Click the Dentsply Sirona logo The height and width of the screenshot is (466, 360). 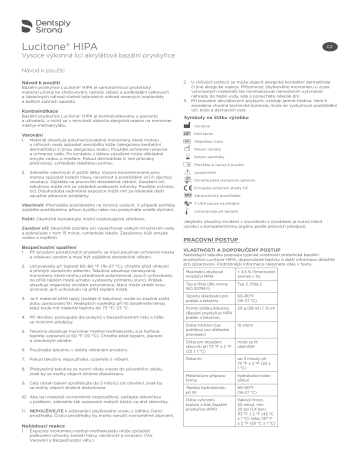(39, 20)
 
